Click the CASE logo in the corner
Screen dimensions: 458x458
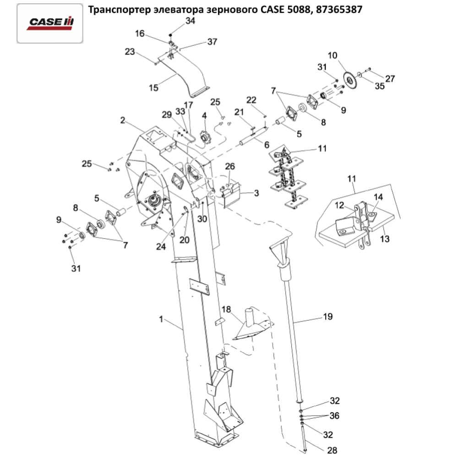(49, 22)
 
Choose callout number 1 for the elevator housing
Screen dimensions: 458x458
(161, 320)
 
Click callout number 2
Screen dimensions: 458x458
(122, 120)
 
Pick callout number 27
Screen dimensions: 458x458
(389, 79)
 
